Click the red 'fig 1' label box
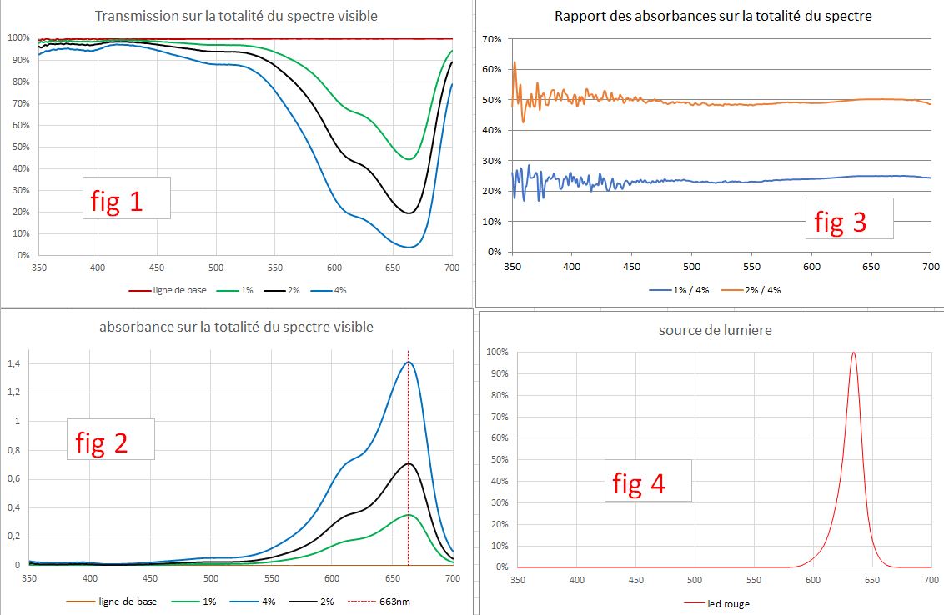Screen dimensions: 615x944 pyautogui.click(x=125, y=198)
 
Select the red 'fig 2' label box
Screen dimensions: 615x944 pyautogui.click(x=110, y=439)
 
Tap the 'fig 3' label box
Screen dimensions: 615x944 pyautogui.click(x=848, y=219)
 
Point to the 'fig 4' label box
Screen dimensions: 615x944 pyautogui.click(x=647, y=480)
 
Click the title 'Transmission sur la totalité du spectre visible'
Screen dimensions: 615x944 pyautogui.click(x=236, y=16)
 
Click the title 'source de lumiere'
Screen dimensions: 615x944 pyautogui.click(x=715, y=330)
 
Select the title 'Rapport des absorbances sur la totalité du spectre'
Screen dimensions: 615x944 pyautogui.click(x=713, y=16)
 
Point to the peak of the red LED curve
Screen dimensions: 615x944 pyautogui.click(x=853, y=352)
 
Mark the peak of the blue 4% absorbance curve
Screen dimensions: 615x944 pyautogui.click(x=409, y=362)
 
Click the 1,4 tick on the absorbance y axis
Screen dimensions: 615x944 pyautogui.click(x=13, y=363)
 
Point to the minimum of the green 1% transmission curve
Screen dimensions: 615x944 pyautogui.click(x=409, y=158)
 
